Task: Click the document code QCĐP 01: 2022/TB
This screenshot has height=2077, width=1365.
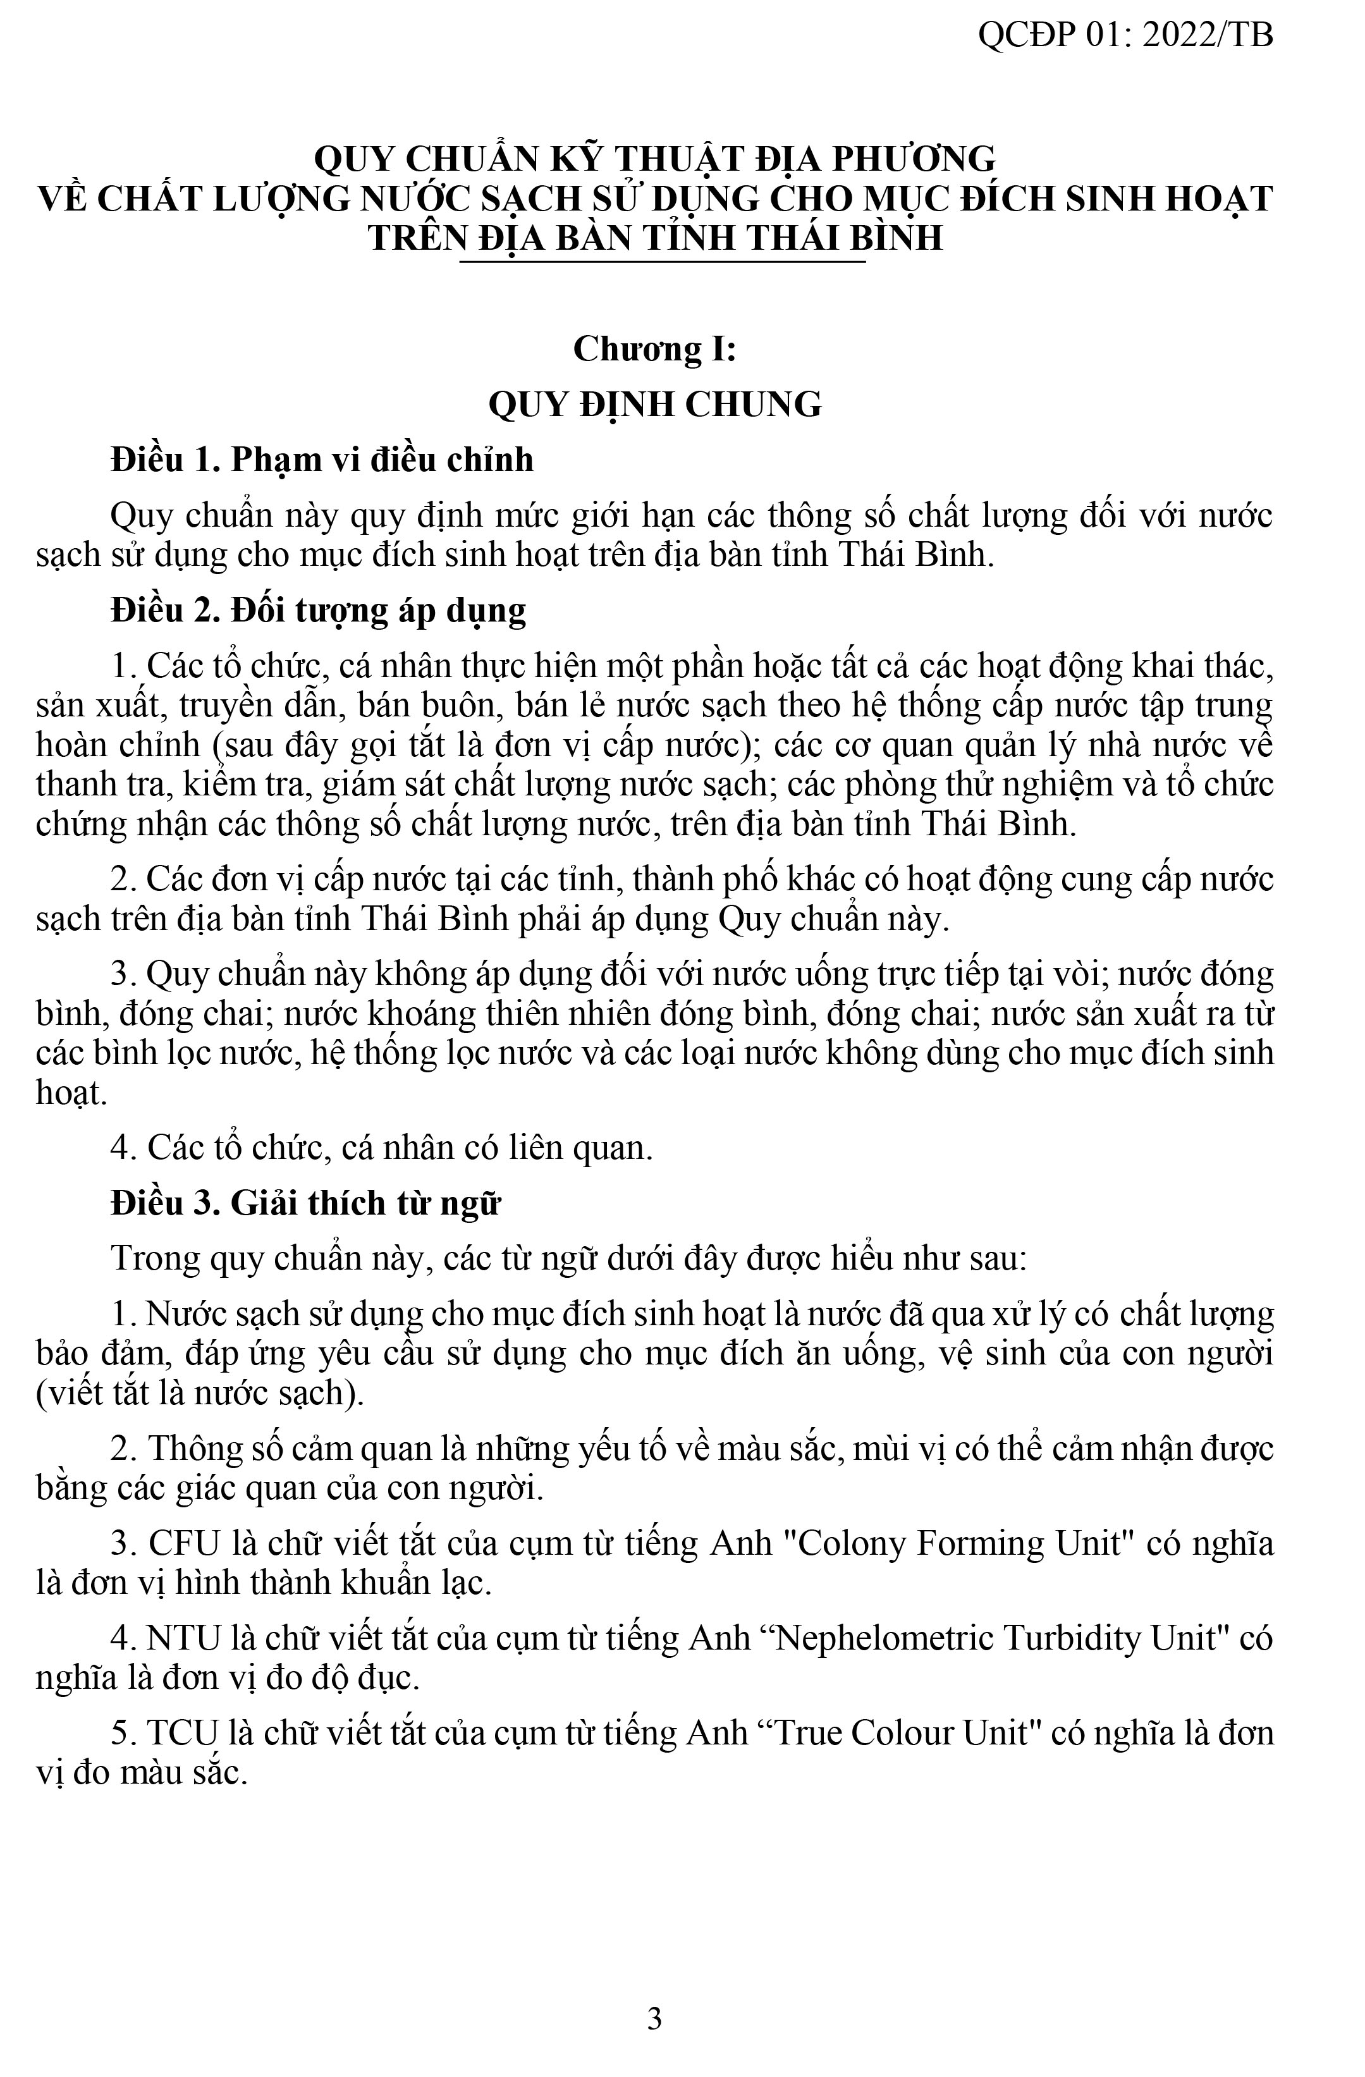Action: (x=1124, y=35)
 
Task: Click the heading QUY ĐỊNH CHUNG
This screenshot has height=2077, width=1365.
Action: (x=654, y=405)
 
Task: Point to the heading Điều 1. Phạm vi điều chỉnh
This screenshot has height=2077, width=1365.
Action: (x=321, y=460)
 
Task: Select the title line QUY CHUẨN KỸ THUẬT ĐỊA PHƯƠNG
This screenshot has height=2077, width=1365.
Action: (x=654, y=159)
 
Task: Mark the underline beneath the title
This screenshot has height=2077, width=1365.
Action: (x=663, y=260)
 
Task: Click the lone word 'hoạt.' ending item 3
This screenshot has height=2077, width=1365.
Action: (x=71, y=1093)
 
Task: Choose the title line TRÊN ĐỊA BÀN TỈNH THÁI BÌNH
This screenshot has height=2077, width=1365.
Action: (x=654, y=238)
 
